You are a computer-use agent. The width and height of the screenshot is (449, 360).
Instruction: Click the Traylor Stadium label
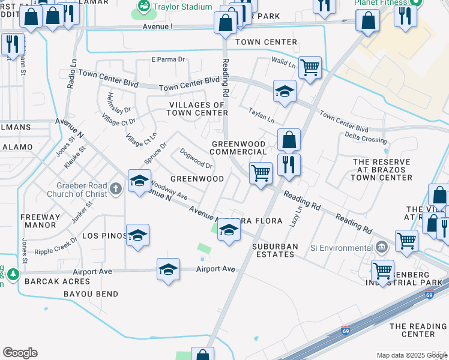coord(183,7)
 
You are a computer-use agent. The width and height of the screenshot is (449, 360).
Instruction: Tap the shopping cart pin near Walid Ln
coord(310,67)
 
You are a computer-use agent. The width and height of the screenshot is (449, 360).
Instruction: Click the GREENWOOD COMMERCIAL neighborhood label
coord(238,148)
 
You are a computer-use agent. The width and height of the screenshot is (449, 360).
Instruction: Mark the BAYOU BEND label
coord(91,294)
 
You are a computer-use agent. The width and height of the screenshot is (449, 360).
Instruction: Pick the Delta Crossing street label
coord(366,140)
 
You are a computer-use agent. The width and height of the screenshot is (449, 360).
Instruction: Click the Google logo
coord(20,353)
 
